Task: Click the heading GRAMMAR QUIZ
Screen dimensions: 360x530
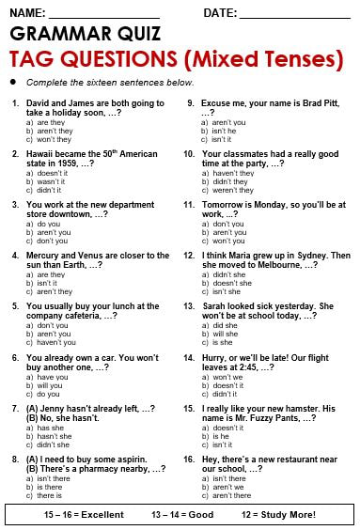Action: point(85,35)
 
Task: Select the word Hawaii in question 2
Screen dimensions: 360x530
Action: point(41,153)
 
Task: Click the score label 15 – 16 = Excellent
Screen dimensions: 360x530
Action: point(78,515)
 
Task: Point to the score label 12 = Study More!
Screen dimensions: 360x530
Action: point(279,515)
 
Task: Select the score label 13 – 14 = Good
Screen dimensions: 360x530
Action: point(182,515)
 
